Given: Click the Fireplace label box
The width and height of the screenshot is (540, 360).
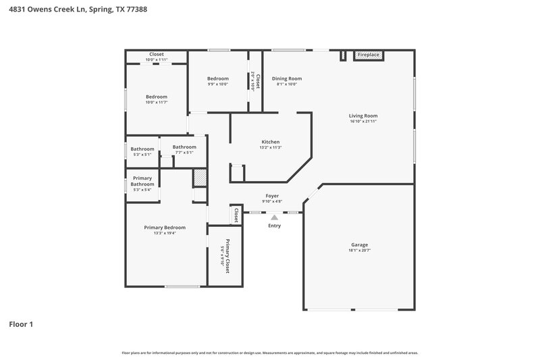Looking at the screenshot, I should point(369,54).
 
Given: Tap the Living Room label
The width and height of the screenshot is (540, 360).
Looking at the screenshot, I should point(363,115).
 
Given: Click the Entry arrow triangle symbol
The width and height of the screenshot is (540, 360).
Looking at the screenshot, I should point(273,217).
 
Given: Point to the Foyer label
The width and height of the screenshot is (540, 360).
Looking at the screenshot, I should point(272,196).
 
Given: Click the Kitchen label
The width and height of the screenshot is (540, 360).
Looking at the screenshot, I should point(271,142).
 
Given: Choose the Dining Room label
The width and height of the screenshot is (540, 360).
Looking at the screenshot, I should point(287,78).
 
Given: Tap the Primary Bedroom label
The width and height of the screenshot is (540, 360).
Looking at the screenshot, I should point(165,228).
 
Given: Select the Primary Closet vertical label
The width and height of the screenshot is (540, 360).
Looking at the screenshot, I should point(227,256).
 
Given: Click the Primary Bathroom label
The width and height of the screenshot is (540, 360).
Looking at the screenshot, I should point(142,181).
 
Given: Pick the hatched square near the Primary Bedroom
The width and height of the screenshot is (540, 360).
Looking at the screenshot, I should point(200,177).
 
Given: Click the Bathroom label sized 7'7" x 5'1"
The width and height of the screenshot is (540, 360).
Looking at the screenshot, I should point(184,147).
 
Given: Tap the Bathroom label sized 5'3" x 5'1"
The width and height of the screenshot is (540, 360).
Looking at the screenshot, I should point(142,149).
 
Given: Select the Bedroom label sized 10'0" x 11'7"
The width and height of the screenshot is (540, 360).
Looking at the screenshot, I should point(157,97).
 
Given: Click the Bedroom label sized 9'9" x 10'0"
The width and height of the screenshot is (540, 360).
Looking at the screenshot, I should point(217,78).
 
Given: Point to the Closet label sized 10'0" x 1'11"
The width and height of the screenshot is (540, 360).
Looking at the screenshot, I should point(157,54).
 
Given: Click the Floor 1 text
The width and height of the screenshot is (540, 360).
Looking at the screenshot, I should point(20,324).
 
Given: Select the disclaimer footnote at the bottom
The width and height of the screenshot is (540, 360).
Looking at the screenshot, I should point(270,353).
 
